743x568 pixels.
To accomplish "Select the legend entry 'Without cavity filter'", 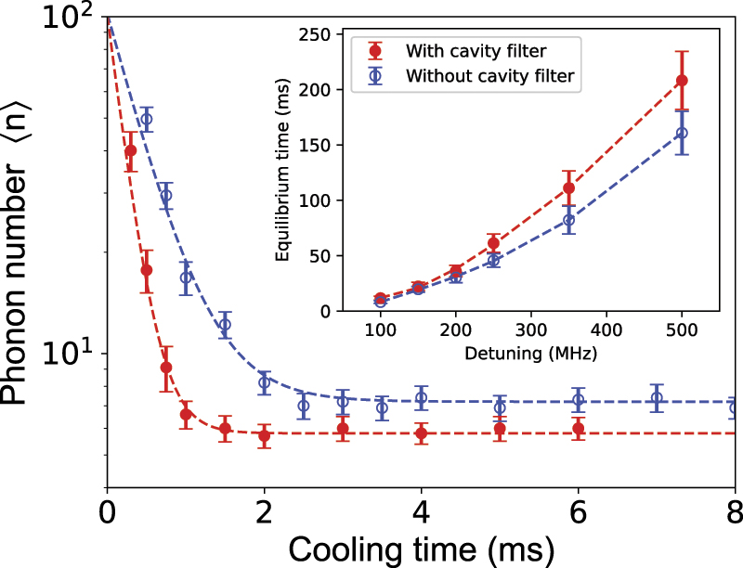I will coord(492,78).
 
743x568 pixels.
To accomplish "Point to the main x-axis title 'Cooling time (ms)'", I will coord(421,548).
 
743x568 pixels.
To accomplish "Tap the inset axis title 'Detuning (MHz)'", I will coord(530,353).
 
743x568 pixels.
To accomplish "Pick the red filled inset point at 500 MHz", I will coord(682,81).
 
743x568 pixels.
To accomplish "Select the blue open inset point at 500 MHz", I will coord(682,133).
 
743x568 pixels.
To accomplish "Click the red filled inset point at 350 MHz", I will coord(568,188).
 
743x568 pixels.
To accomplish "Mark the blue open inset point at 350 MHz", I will coord(568,220).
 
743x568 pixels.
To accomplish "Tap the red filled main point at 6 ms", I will coord(579,429).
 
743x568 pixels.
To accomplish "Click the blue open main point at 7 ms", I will coord(657,398).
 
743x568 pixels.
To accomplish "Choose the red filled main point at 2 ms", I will coord(265,435).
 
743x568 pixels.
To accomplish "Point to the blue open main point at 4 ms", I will coord(422,398).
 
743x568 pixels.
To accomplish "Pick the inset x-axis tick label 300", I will coord(530,329).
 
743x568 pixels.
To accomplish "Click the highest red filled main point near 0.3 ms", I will coord(131,150).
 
